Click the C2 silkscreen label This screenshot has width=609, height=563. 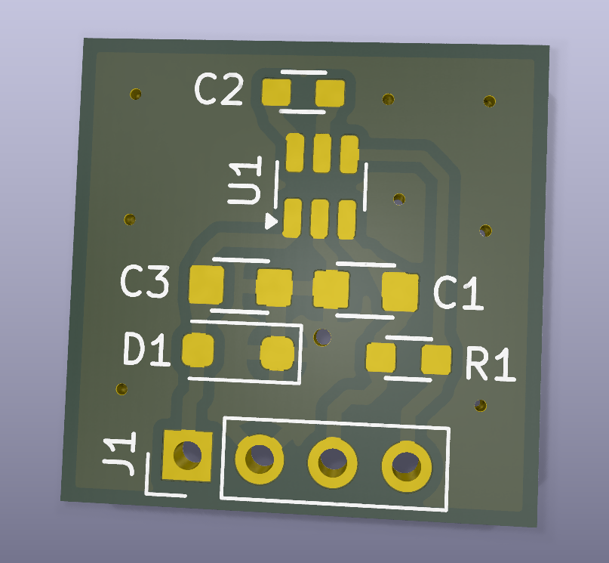219,90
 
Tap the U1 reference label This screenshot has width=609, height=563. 247,181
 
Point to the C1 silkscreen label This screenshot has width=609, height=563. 458,293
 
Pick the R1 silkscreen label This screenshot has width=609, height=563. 490,365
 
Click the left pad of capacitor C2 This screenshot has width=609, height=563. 276,92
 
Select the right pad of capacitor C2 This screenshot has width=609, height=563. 330,94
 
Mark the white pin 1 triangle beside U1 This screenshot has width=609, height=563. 271,221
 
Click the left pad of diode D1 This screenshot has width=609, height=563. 198,350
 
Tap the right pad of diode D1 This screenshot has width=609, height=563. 276,353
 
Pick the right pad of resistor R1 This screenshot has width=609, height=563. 435,360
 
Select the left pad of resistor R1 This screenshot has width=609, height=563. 380,357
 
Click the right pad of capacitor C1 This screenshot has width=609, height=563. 400,292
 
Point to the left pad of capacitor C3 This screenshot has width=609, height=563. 206,285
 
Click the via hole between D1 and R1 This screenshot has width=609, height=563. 323,336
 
